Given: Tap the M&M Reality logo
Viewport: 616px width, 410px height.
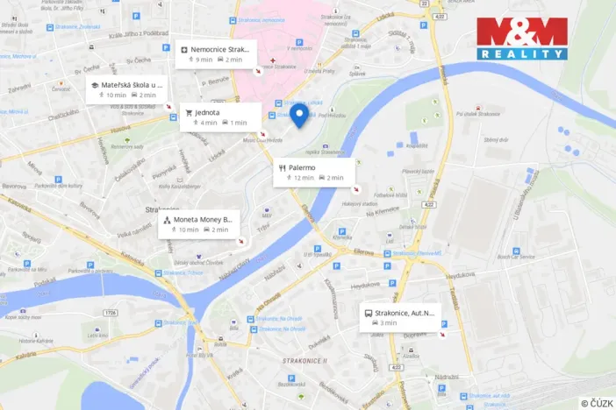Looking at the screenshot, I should (522, 39).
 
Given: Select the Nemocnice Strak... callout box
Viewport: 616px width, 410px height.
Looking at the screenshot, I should (217, 53).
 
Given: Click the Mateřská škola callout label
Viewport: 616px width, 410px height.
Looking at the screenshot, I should (126, 89).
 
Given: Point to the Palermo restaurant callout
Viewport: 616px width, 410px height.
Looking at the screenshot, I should (313, 172).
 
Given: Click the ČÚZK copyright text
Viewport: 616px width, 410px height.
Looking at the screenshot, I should (597, 402).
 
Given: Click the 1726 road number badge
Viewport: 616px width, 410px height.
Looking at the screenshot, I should (110, 312).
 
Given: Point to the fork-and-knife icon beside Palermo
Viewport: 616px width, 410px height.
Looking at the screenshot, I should (282, 166).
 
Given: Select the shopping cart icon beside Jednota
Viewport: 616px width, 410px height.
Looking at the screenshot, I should (188, 112).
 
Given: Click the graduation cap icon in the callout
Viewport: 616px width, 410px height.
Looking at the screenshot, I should (95, 85).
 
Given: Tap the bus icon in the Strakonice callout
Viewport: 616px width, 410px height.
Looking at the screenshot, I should (368, 313).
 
